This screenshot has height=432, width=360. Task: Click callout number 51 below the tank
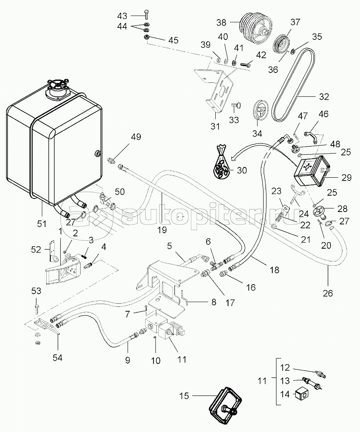42,224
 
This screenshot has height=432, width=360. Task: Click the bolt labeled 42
246,62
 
